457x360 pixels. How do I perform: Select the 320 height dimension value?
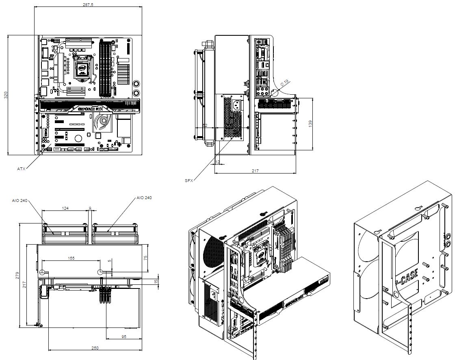click(x=6, y=95)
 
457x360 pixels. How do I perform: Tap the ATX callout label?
click(x=21, y=168)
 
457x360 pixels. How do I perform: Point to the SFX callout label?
click(x=189, y=180)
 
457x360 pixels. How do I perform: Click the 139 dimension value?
click(x=311, y=124)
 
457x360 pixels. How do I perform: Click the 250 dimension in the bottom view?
click(x=95, y=348)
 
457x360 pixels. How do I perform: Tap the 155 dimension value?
click(x=71, y=258)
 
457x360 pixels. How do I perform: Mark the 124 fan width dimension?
click(x=65, y=208)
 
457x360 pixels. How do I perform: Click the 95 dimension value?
click(x=124, y=337)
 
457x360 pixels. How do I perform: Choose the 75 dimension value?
click(x=145, y=257)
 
